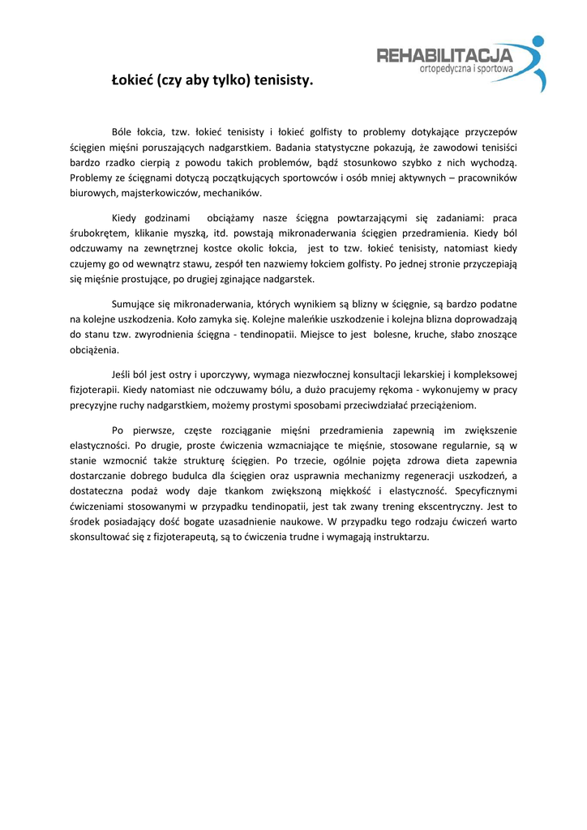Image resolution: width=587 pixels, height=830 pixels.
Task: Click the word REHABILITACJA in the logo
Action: click(444, 55)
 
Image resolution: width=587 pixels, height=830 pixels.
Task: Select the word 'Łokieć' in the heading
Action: click(132, 81)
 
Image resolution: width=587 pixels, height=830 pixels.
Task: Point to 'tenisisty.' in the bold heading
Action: click(283, 81)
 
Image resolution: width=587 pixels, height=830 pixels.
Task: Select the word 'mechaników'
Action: click(236, 193)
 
